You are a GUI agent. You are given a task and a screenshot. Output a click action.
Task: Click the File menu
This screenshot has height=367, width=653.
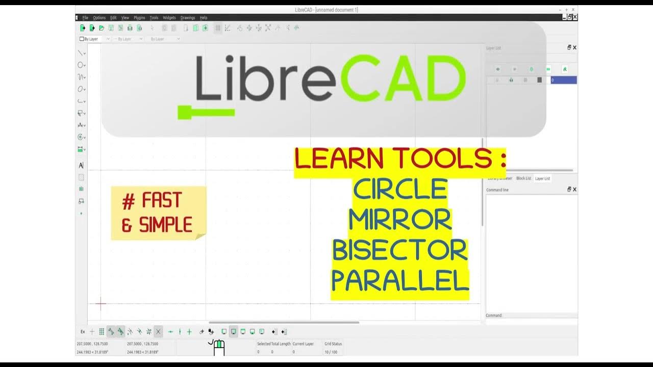pyautogui.click(x=85, y=18)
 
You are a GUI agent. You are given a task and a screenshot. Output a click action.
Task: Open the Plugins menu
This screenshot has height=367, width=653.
pyautogui.click(x=139, y=18)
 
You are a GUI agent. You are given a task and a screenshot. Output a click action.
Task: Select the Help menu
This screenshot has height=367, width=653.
pyautogui.click(x=204, y=18)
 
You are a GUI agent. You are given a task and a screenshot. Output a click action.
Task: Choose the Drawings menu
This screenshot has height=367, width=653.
pyautogui.click(x=188, y=18)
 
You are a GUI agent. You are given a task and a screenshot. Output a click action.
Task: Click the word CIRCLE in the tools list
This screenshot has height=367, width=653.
pyautogui.click(x=400, y=190)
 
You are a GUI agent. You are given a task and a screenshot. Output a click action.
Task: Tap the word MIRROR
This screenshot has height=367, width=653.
pyautogui.click(x=400, y=220)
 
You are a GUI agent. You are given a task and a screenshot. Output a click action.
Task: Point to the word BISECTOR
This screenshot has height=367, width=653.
pyautogui.click(x=400, y=250)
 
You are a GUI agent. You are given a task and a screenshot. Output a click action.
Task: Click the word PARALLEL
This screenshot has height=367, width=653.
pyautogui.click(x=400, y=281)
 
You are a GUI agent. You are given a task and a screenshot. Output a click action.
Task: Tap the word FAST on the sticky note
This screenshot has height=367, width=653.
pyautogui.click(x=162, y=201)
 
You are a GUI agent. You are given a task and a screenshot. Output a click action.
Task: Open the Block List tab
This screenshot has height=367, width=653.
pyautogui.click(x=523, y=178)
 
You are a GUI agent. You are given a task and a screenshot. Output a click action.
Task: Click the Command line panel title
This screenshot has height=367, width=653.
pyautogui.click(x=497, y=190)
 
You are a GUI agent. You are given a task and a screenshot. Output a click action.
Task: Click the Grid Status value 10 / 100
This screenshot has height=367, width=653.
pyautogui.click(x=331, y=352)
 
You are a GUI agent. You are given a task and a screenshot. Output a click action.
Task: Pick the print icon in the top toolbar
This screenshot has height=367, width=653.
pyautogui.click(x=130, y=28)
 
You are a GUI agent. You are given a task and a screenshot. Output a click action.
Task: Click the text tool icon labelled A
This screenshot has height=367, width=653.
pyautogui.click(x=81, y=165)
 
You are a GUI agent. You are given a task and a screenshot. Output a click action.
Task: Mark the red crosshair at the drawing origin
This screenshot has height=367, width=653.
pyautogui.click(x=101, y=304)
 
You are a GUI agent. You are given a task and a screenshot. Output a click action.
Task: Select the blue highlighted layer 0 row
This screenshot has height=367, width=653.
pyautogui.click(x=563, y=80)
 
